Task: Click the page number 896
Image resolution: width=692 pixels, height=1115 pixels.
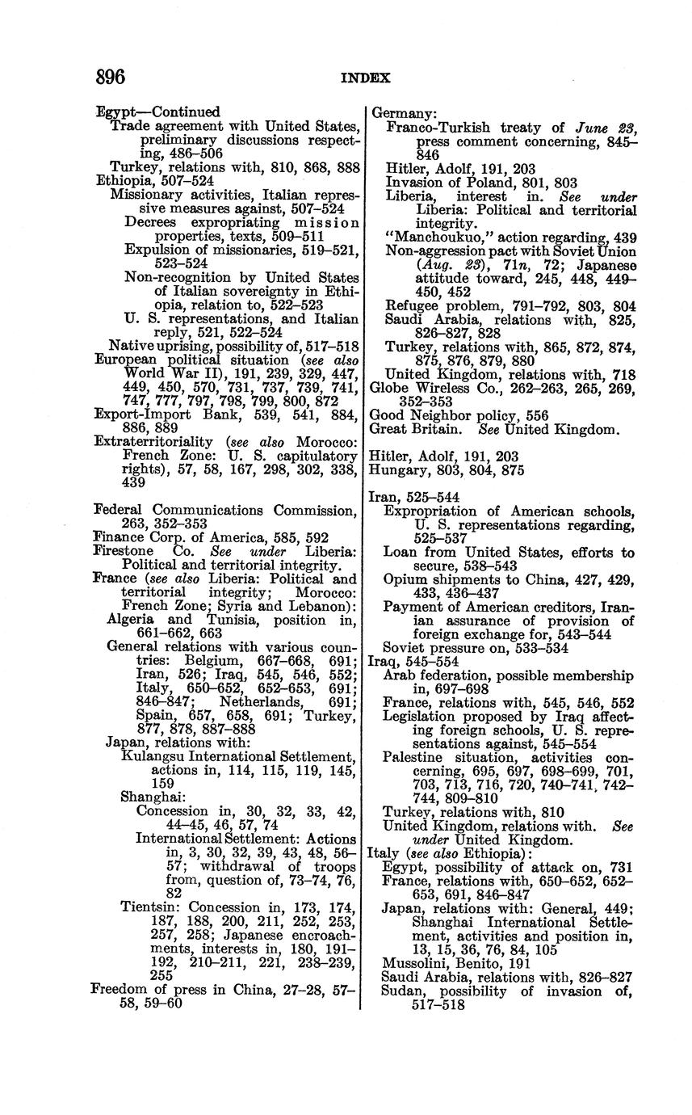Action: point(111,77)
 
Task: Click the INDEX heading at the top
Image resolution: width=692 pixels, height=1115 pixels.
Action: point(365,78)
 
